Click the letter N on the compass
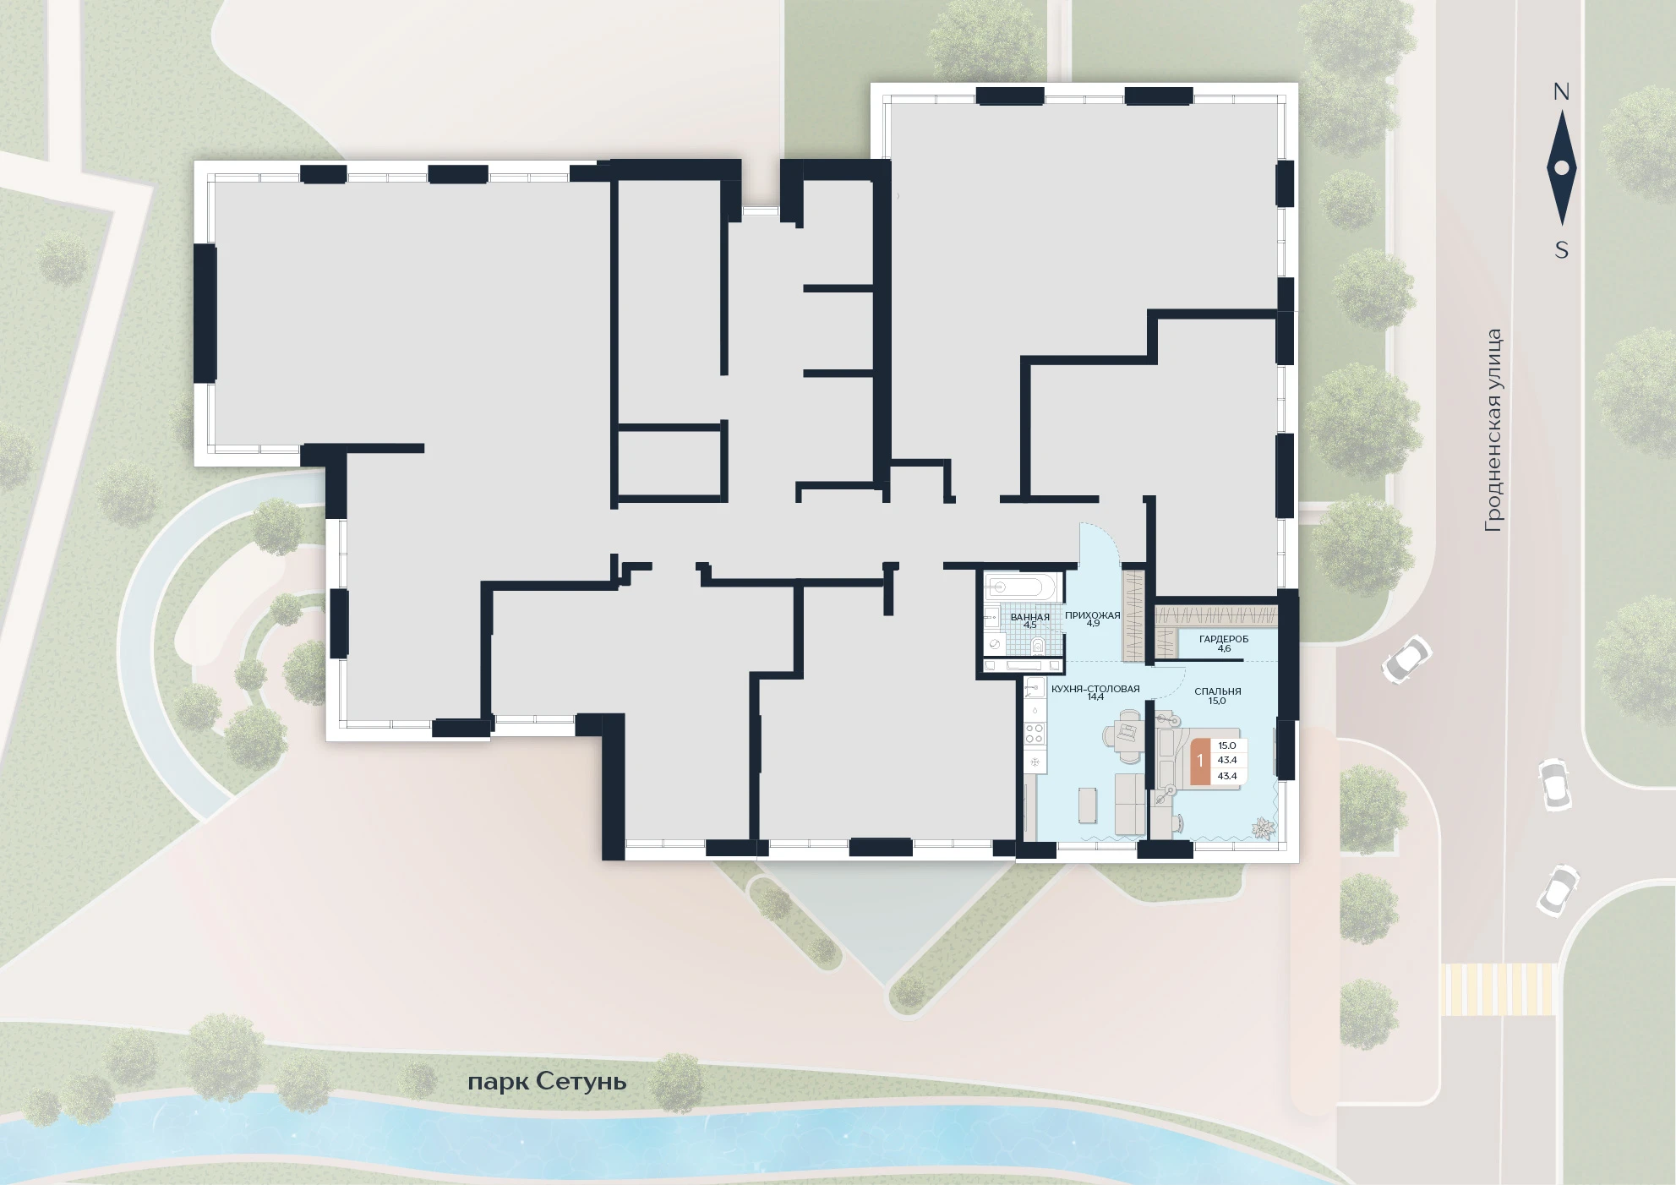[1561, 92]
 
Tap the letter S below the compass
[1562, 250]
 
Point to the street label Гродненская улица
[1494, 431]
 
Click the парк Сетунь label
[547, 1082]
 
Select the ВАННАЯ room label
[1029, 617]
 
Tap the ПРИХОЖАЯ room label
[1093, 615]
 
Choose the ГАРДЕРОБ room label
[1223, 639]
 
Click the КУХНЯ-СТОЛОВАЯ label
[1095, 689]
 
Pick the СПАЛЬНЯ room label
[1217, 691]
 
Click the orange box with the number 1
[1199, 761]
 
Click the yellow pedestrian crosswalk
[1498, 989]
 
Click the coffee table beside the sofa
[1088, 805]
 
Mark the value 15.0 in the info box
[1227, 745]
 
